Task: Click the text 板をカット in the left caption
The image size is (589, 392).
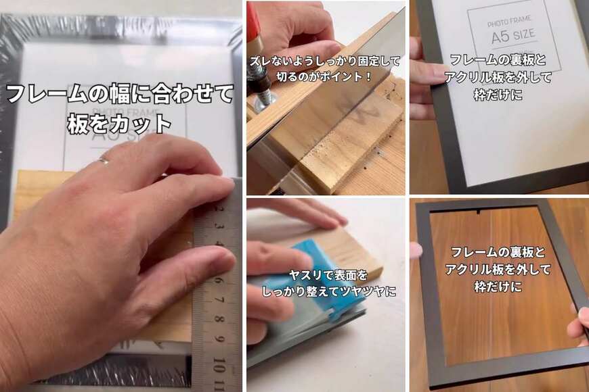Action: [x=119, y=124]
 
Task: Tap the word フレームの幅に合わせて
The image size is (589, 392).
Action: [x=119, y=93]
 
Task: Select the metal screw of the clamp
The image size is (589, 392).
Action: [x=261, y=95]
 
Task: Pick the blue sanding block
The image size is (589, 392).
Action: [x=308, y=284]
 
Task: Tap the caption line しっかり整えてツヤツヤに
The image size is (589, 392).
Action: [x=329, y=291]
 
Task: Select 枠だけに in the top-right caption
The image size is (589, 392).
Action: [x=498, y=95]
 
